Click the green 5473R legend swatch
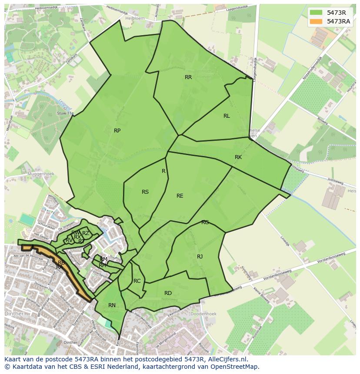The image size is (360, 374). [x=316, y=13]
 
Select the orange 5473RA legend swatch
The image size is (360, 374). [x=316, y=21]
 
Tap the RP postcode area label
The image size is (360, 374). [x=117, y=131]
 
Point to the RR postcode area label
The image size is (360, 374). [x=188, y=77]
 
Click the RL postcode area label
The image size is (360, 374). [x=227, y=116]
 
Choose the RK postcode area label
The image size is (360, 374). [x=238, y=157]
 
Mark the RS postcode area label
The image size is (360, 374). [x=145, y=192]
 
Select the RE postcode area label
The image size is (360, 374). [x=180, y=196]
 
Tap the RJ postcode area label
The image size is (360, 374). [x=200, y=257]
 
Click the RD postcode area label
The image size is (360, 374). [x=168, y=293]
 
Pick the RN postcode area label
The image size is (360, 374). [x=112, y=305]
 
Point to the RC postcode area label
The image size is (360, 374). [x=137, y=281]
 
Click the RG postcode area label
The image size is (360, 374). [x=205, y=222]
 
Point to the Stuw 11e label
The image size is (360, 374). [x=65, y=113]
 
